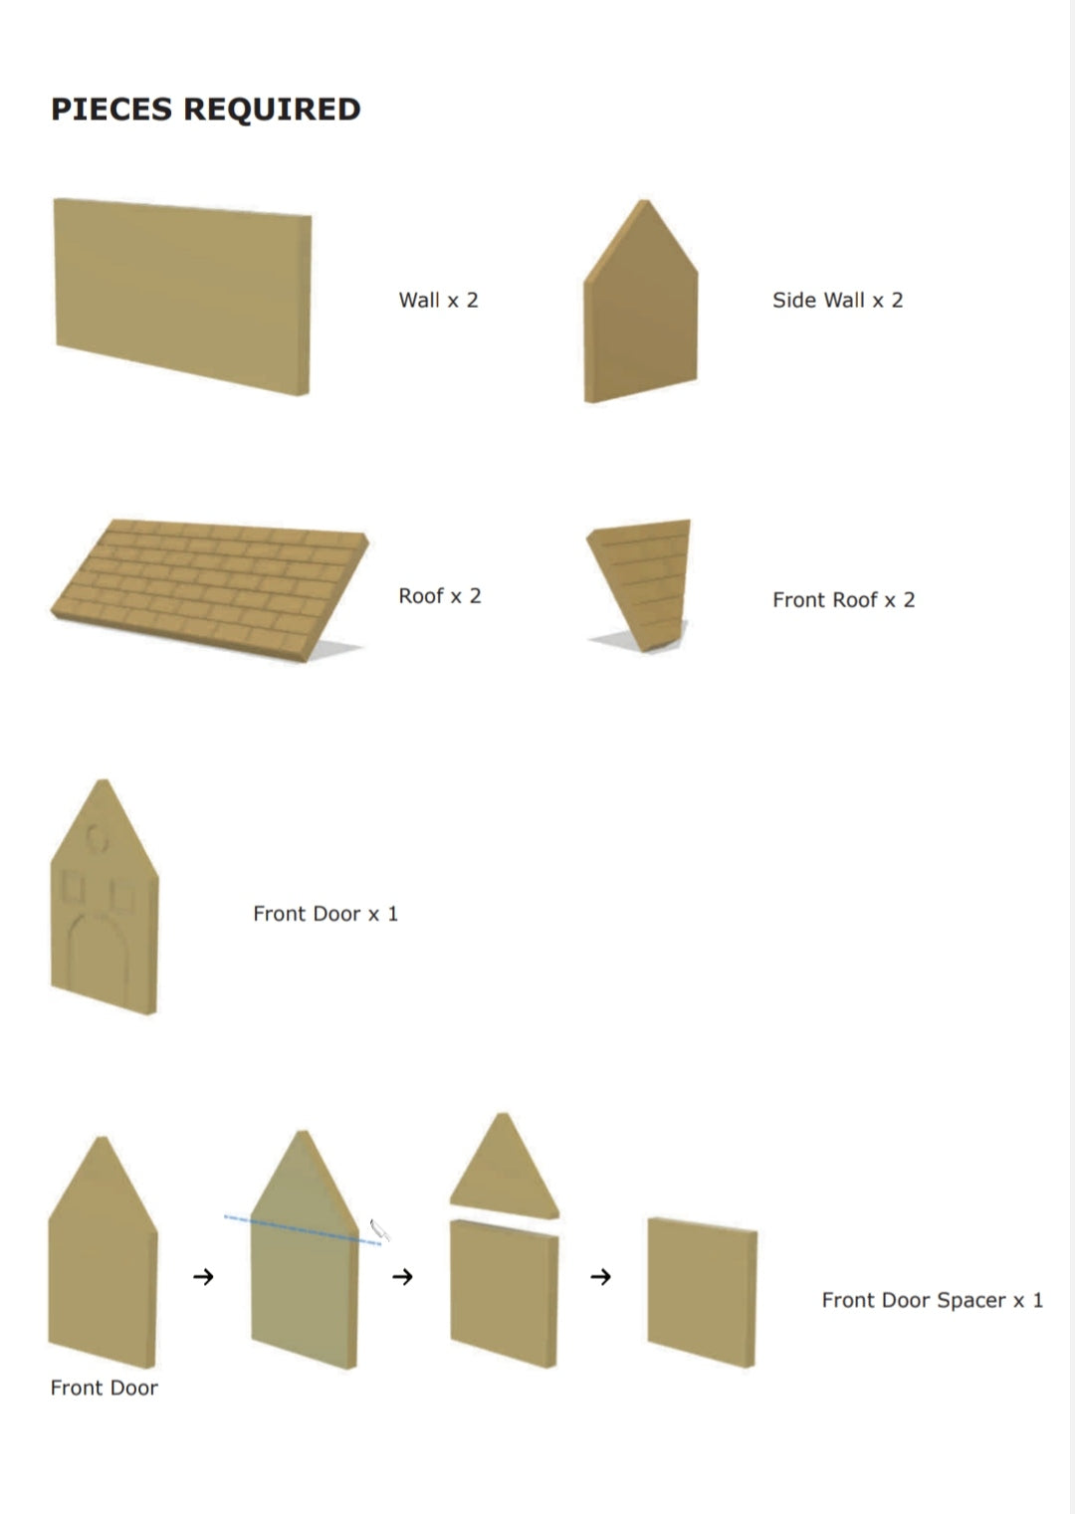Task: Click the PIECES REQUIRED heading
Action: (205, 109)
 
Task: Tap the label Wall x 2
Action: (439, 300)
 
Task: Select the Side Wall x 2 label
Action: (838, 300)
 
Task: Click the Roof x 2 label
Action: (440, 595)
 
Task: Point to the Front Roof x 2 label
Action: (844, 599)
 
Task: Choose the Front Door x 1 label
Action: (325, 914)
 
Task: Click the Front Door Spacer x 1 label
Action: (933, 1300)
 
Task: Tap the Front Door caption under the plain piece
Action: (105, 1388)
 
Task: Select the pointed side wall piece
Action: (641, 311)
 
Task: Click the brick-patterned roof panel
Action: (209, 589)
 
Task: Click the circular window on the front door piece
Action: (96, 839)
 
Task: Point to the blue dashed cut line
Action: (303, 1230)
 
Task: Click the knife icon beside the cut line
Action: (379, 1231)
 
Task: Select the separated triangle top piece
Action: (504, 1169)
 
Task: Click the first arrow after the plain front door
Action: (203, 1277)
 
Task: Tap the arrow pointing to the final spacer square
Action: (600, 1277)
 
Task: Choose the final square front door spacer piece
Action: (702, 1292)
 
